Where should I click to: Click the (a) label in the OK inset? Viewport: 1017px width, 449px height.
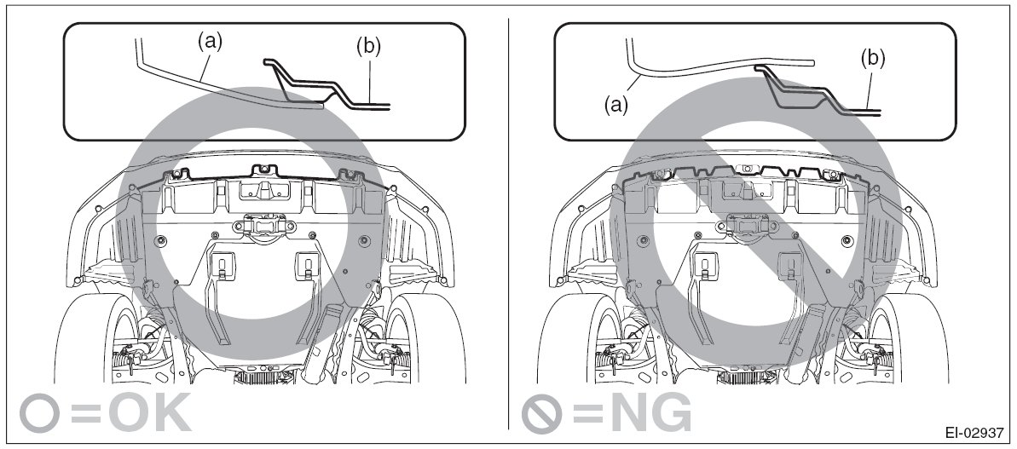210,42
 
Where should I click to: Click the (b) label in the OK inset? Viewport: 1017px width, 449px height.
368,46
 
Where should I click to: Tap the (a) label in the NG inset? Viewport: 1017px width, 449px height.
615,105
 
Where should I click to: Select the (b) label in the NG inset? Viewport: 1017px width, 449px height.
872,58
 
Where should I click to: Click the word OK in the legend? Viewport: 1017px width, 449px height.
151,412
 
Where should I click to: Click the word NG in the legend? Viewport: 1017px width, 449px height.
650,412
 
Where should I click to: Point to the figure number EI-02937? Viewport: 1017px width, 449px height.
975,432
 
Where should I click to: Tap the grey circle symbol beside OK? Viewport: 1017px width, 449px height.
38,412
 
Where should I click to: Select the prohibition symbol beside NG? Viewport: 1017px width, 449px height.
541,412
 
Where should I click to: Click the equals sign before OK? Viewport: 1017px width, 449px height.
85,412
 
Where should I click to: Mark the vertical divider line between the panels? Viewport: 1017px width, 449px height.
508,223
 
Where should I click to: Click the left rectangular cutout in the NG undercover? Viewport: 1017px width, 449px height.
703,263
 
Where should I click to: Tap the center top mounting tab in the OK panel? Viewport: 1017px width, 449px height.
263,171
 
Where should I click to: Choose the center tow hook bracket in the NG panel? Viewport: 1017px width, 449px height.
746,226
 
